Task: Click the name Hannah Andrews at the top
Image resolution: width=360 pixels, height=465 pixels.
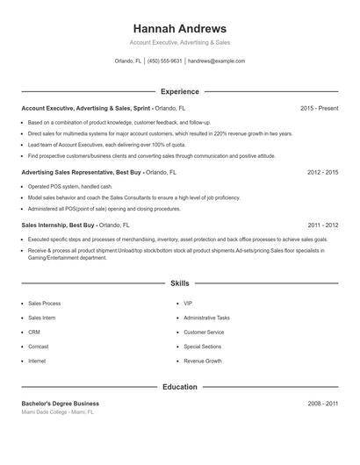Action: [179, 29]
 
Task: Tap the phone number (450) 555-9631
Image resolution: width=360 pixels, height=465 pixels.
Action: [164, 61]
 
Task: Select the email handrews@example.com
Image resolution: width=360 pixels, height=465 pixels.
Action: [216, 61]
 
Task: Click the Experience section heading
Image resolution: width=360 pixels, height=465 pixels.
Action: [179, 91]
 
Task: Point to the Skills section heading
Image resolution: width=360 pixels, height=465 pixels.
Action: [179, 283]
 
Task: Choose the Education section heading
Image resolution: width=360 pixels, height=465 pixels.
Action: [179, 386]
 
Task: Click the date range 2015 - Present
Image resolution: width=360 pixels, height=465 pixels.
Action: [319, 108]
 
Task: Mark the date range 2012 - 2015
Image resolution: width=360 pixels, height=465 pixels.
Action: [322, 173]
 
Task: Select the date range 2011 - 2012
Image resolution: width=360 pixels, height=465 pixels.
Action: [322, 225]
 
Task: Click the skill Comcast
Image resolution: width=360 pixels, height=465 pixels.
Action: [40, 347]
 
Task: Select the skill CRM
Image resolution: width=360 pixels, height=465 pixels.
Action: [34, 333]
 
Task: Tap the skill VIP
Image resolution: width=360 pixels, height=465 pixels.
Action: [188, 304]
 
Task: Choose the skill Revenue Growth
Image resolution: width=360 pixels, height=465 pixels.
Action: [202, 361]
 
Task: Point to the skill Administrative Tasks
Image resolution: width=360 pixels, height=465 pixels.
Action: [206, 318]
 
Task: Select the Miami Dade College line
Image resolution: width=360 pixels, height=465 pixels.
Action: [57, 411]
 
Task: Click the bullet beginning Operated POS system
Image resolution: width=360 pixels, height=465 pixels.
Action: [70, 187]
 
